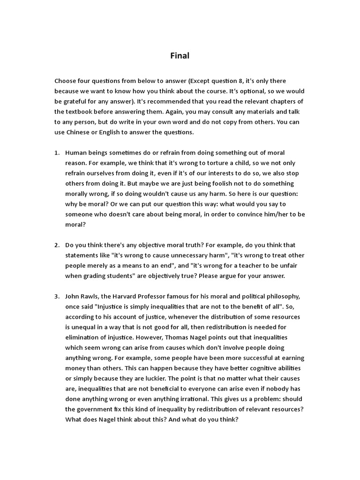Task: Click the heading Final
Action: tap(180, 56)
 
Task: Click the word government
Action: tap(94, 409)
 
